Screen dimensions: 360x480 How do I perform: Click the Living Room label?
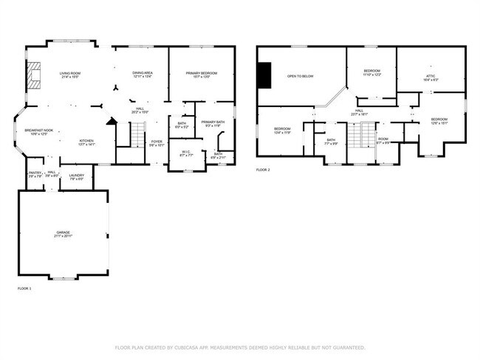tap(70, 73)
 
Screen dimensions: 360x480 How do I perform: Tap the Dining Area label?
tap(143, 73)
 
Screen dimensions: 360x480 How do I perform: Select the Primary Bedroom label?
tap(201, 73)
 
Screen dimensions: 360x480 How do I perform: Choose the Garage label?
tap(62, 232)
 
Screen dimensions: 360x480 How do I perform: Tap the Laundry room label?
tap(76, 175)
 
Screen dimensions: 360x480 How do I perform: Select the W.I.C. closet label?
tap(186, 153)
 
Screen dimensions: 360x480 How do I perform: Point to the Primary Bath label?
tap(213, 122)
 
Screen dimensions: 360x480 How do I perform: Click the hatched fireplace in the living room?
tap(32, 75)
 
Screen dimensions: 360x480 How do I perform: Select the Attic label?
tap(431, 75)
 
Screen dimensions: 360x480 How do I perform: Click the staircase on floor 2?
tap(358, 136)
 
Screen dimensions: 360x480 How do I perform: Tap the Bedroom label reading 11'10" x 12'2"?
tap(371, 72)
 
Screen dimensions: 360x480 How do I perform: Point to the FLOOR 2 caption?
tap(264, 170)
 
